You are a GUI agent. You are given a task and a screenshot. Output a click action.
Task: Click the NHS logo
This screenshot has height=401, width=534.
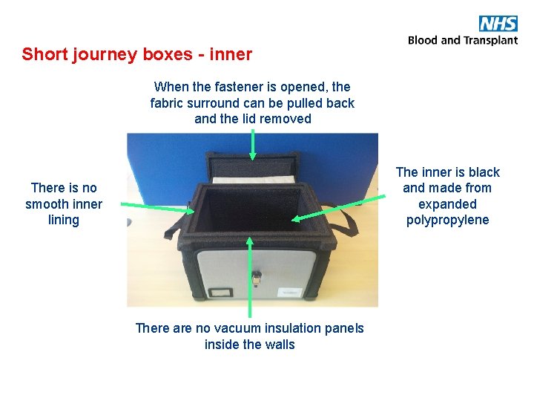pos(498,23)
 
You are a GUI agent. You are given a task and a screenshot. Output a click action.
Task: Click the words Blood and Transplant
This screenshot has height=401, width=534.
pos(463,40)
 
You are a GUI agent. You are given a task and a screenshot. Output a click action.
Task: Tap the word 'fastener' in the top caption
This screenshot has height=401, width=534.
pos(251,87)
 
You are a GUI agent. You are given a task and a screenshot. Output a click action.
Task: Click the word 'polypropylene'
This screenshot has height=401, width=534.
pos(447,220)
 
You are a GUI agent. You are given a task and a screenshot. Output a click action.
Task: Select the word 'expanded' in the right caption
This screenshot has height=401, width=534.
pos(447,204)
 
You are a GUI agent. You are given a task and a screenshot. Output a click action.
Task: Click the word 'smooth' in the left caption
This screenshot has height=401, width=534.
pos(63,204)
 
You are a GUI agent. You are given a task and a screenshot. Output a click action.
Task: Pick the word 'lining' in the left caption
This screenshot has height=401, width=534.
pos(63,220)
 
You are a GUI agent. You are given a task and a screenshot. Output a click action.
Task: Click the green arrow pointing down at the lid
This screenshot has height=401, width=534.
pos(252,145)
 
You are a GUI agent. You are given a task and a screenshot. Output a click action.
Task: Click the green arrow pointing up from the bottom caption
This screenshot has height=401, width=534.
pos(250,275)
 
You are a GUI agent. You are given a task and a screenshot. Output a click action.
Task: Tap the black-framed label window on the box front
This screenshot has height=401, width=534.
pos(220,293)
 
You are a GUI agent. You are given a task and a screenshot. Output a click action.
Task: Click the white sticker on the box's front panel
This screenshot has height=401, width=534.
pos(291,293)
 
